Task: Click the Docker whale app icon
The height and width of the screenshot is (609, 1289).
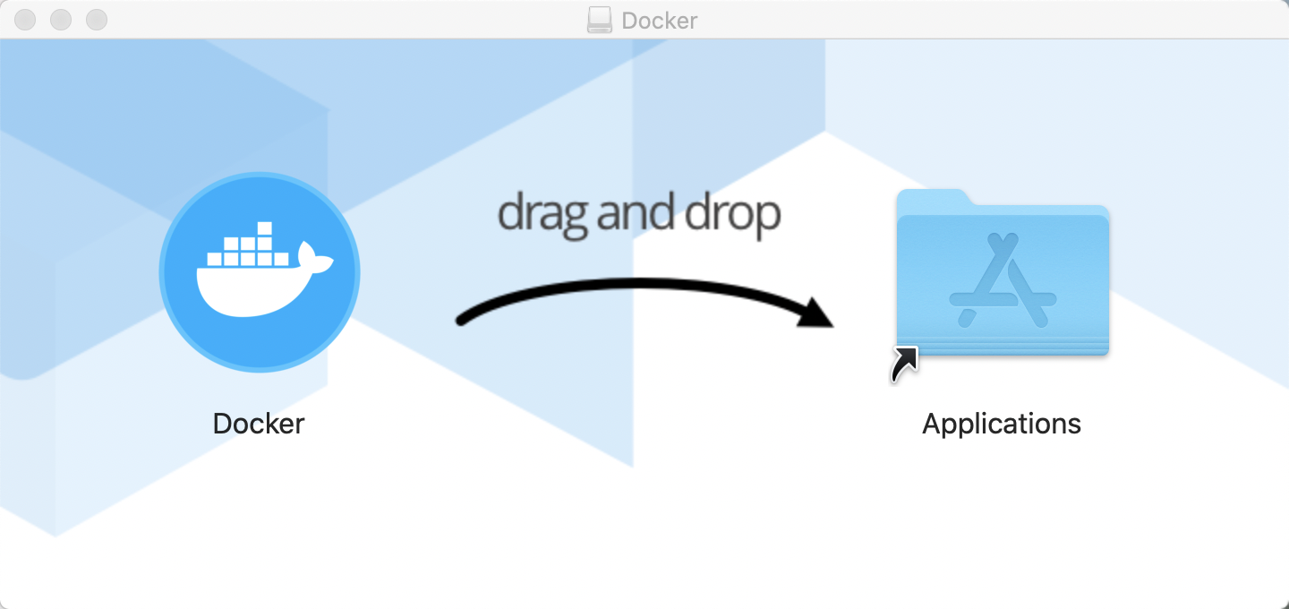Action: pos(260,272)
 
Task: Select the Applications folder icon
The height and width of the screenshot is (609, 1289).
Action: pos(1003,272)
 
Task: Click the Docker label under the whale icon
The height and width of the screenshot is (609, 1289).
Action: pos(259,424)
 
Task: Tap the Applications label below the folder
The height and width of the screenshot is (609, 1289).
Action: pos(1002,425)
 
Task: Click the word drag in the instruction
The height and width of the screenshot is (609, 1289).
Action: pos(542,215)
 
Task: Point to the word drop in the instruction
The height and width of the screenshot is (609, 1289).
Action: pos(732,215)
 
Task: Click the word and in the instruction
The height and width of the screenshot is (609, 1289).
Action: pos(636,212)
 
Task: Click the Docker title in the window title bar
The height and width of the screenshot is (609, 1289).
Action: pos(660,21)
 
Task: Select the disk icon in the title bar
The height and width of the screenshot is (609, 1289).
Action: pos(599,20)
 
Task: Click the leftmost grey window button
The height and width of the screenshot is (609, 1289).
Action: pos(25,20)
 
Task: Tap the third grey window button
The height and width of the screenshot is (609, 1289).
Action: pos(97,20)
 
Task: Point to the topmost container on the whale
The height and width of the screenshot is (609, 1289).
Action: pos(265,228)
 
